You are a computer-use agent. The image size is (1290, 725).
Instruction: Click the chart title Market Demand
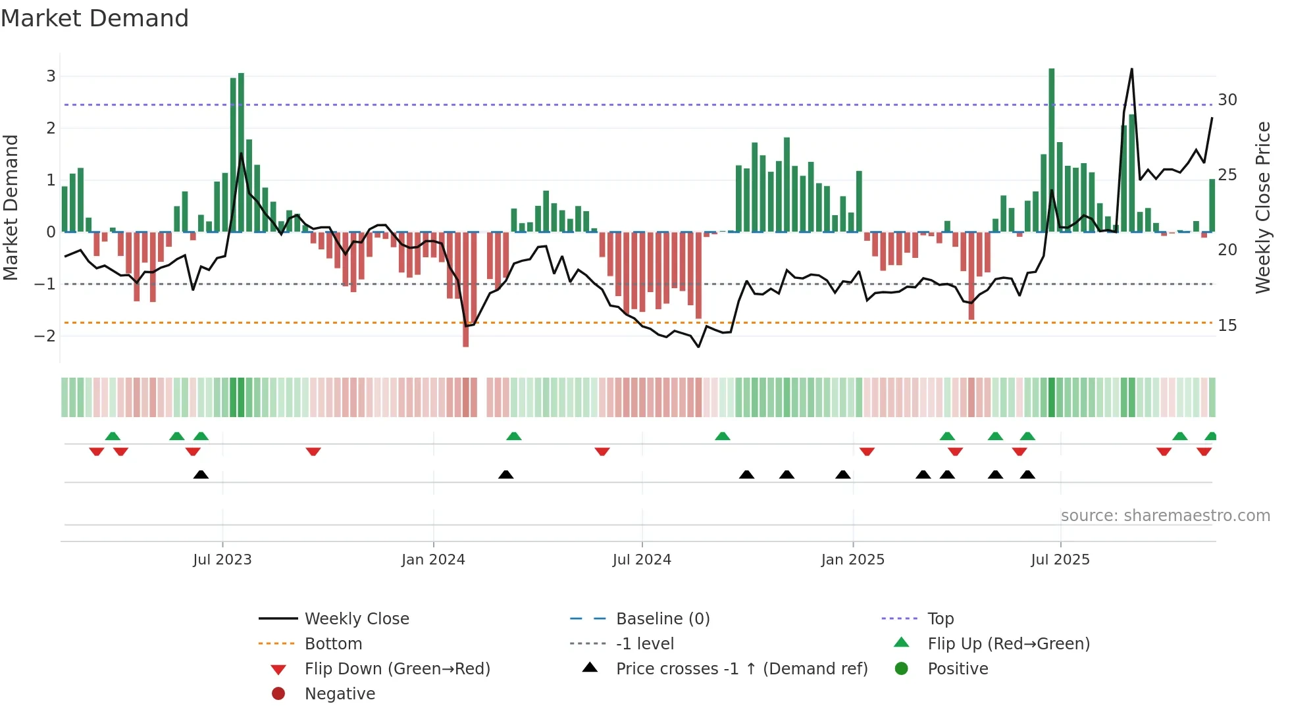point(95,18)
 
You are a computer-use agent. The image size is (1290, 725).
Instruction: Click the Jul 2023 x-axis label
point(222,560)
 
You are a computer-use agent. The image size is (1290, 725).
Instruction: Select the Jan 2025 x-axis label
point(853,560)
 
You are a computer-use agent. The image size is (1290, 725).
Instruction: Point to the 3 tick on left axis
point(51,76)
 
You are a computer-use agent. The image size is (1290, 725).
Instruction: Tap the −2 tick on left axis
point(45,336)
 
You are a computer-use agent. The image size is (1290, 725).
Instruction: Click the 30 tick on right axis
point(1227,100)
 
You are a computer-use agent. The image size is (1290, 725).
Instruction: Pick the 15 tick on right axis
point(1227,326)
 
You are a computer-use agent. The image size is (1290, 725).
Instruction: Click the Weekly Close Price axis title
point(1263,207)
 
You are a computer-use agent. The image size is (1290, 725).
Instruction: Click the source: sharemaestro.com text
point(1165,516)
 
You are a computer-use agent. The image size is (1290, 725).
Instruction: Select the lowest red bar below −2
point(466,289)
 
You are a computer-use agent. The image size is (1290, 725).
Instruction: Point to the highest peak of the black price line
point(1132,69)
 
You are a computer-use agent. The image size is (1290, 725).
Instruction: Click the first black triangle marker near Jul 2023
point(201,475)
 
